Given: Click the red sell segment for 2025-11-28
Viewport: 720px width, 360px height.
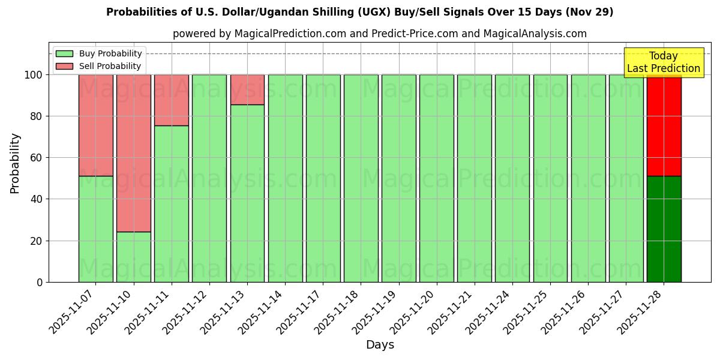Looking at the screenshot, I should click(664, 125).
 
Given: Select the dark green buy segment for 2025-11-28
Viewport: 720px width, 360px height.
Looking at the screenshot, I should click(664, 229).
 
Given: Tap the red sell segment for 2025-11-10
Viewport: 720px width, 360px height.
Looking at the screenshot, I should click(133, 153).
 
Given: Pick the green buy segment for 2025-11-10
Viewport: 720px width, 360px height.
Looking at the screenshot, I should click(133, 257).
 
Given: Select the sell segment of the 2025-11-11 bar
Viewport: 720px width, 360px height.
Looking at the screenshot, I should click(172, 100).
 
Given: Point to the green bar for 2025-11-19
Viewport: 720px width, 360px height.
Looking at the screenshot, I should click(398, 178).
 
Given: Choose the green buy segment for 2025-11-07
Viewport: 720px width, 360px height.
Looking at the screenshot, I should click(95, 229).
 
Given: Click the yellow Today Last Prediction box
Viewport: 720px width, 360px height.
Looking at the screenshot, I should click(663, 62).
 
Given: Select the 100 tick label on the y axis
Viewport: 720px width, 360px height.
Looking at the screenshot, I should click(32, 75).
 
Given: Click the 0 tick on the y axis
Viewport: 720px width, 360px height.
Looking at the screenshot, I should click(40, 282).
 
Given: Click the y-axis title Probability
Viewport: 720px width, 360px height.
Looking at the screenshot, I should click(15, 163).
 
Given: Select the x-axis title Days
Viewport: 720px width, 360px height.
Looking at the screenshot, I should click(380, 345).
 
